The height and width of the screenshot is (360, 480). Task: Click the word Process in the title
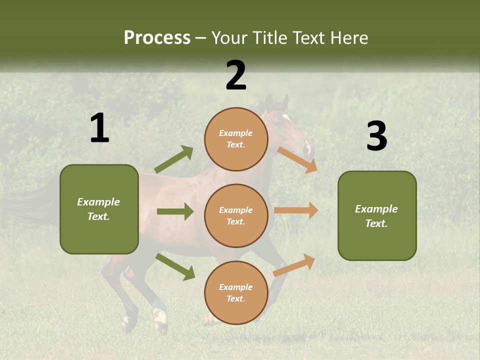point(157,38)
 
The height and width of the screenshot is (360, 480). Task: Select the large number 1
point(99,128)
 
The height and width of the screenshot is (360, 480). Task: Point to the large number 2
point(236,75)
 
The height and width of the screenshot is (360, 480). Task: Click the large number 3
point(376,136)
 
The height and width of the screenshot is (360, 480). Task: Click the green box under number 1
point(99,209)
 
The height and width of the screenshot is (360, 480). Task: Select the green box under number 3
point(377,215)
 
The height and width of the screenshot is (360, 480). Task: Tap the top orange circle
point(236,139)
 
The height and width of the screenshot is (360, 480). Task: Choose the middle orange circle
point(236,215)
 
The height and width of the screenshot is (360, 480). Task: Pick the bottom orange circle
point(236,292)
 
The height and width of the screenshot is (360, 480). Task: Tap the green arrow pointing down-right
point(175,266)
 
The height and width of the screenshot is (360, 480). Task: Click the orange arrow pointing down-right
point(297,160)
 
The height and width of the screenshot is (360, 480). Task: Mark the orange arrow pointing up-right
point(294,265)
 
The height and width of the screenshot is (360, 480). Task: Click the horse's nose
point(307,149)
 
